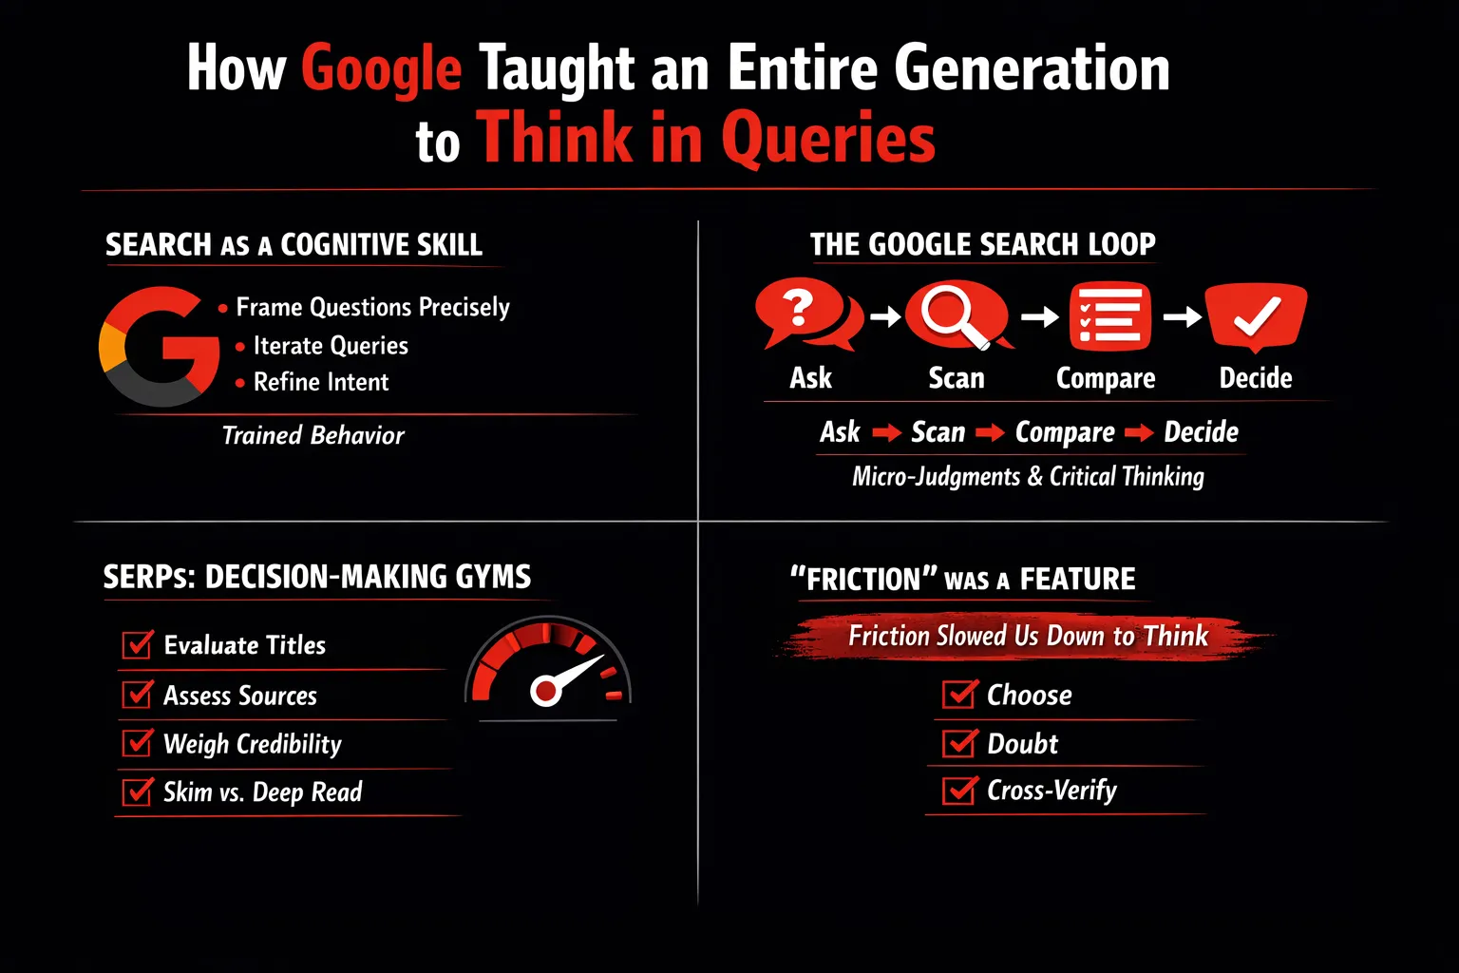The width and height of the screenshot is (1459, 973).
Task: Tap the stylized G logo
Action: (160, 346)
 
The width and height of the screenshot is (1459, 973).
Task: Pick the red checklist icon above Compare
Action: (1109, 316)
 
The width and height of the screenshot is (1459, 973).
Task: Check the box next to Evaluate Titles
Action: (138, 644)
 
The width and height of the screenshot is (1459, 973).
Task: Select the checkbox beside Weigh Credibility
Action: (138, 742)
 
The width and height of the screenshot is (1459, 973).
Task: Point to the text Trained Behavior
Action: (313, 435)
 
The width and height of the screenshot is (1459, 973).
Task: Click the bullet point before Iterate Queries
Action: (239, 347)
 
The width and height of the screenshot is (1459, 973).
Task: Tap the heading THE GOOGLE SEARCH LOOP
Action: (983, 244)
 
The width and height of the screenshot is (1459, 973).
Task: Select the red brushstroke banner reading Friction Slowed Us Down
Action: (1028, 636)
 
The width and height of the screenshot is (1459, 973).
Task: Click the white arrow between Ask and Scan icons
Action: (886, 316)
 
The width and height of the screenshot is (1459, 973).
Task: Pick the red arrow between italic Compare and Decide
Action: (1139, 432)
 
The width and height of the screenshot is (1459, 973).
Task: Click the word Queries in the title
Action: (828, 138)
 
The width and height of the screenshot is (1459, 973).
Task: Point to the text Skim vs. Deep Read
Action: (262, 792)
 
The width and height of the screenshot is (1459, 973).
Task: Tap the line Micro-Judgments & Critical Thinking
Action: (1029, 476)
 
